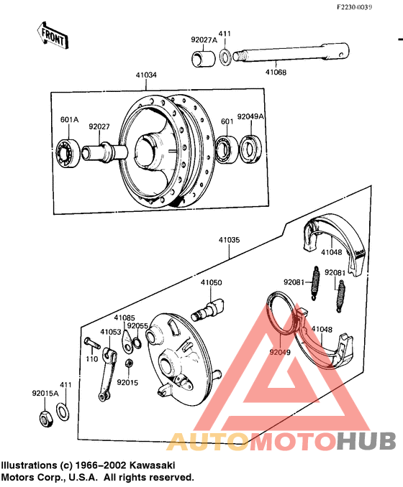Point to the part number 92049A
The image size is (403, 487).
click(x=250, y=116)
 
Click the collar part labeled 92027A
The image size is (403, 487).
click(x=203, y=57)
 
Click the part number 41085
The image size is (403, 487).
click(x=124, y=317)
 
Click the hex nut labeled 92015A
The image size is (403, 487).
click(x=43, y=417)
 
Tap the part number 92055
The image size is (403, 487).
click(x=137, y=325)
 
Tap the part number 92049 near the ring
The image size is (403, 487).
click(x=280, y=353)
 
